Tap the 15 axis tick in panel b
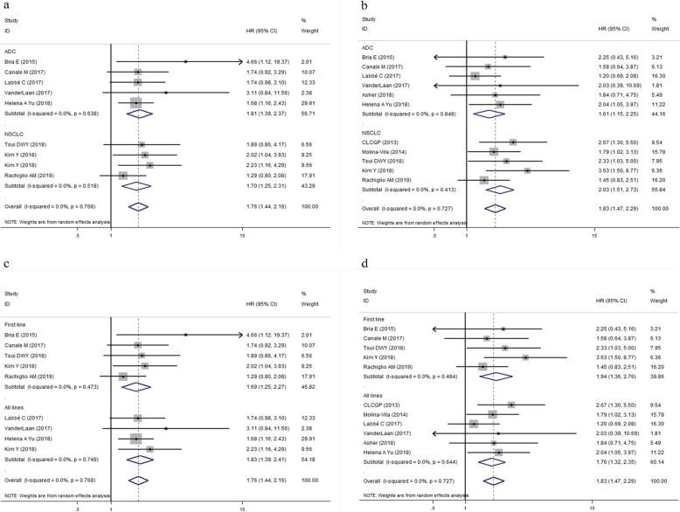point(594,238)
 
